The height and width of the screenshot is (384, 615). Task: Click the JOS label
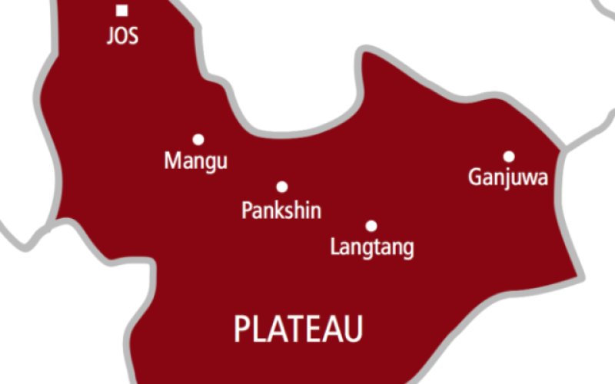point(123,35)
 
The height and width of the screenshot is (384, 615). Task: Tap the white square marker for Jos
point(122,11)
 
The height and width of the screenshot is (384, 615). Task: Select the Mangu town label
point(197,162)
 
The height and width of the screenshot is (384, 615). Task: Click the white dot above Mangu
point(198,140)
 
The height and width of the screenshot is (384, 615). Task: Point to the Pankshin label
point(281,210)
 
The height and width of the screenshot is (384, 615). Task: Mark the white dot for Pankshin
point(282,187)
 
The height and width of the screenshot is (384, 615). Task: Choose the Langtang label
point(372,248)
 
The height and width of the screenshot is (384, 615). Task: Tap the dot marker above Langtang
point(371,226)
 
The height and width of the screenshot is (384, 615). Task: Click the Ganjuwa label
point(508,179)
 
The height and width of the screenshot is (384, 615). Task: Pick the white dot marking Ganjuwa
point(509,156)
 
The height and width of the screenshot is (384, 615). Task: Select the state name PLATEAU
point(298,329)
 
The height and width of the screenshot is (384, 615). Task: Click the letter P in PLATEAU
point(241,329)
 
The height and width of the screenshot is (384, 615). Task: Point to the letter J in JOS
point(111,35)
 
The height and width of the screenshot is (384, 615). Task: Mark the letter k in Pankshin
point(278,210)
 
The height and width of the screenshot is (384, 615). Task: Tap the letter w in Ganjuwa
point(530,178)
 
